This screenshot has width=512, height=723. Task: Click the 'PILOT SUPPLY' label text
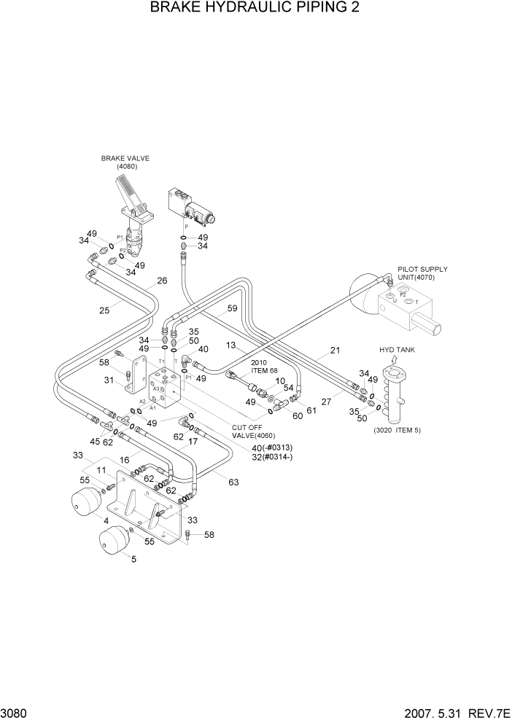pos(422,269)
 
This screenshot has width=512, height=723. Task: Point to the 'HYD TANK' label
pos(397,350)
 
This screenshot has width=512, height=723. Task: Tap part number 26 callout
pos(162,281)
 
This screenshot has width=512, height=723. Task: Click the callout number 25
pos(104,310)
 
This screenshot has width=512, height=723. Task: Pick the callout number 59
pos(232,308)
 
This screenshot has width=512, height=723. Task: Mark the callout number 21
pos(335,351)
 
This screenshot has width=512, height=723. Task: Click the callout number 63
pos(233,482)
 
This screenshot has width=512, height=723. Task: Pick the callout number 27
pos(327,402)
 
